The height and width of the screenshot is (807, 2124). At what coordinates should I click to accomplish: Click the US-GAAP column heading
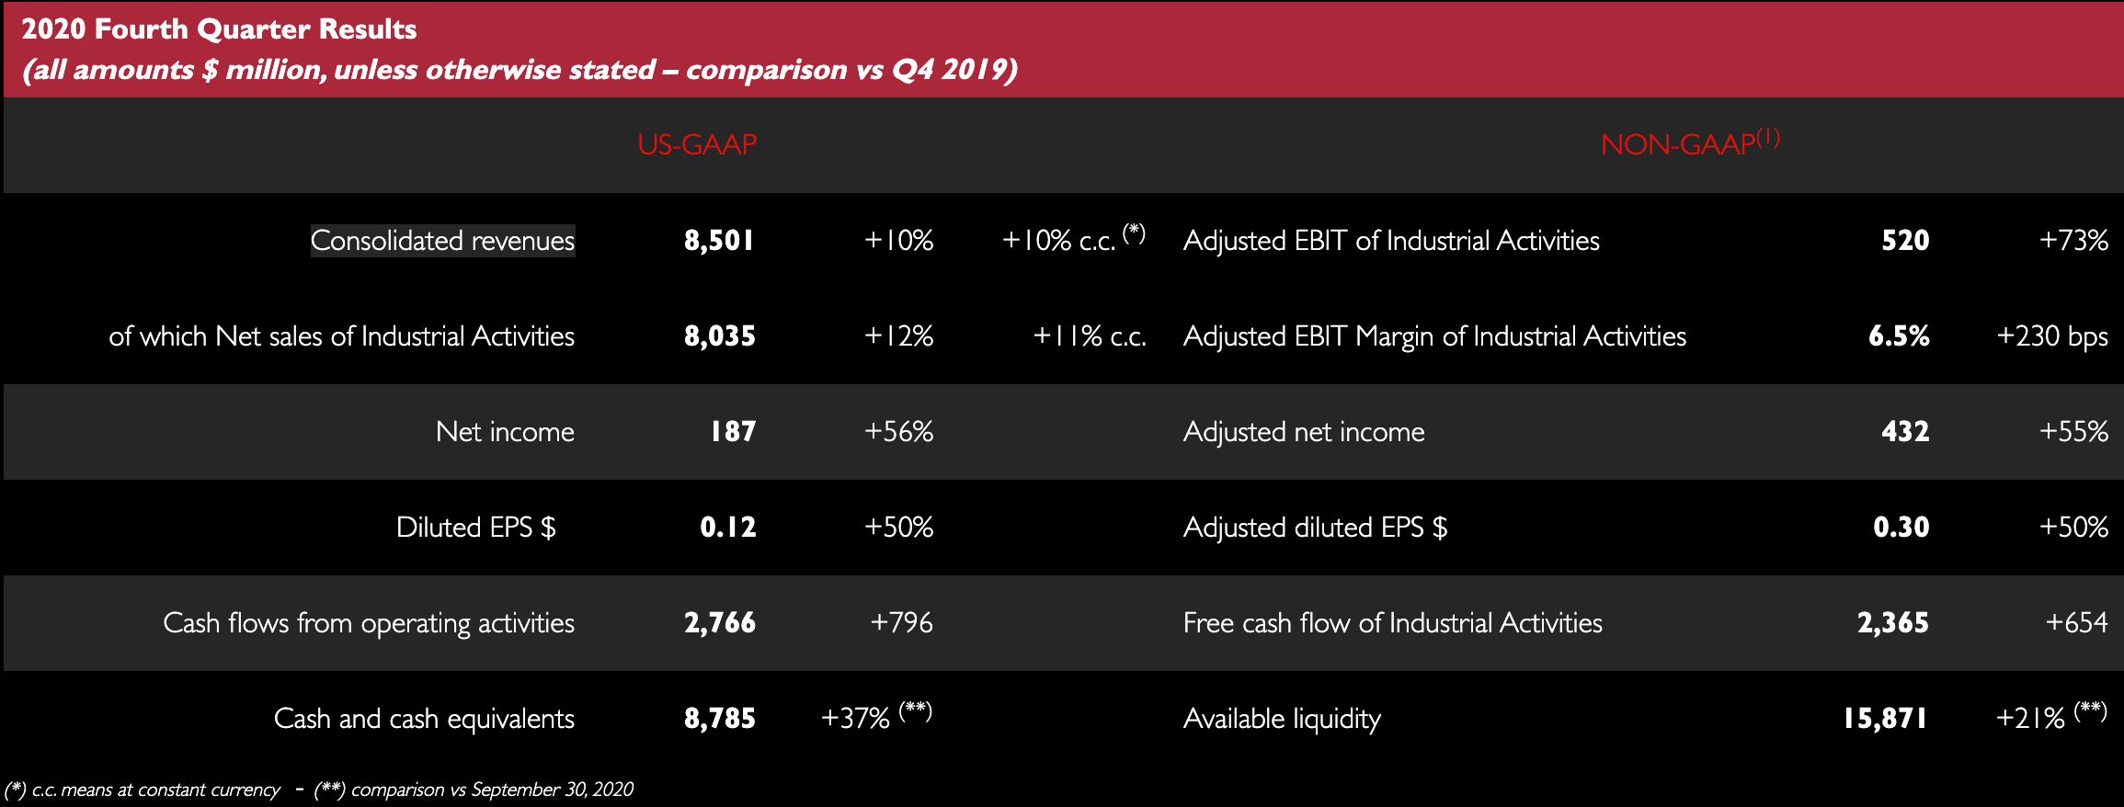(697, 144)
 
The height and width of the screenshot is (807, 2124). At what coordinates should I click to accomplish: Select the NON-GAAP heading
(1678, 144)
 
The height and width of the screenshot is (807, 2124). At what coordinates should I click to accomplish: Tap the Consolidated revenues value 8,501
(719, 241)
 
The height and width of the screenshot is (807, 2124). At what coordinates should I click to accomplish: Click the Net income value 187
(733, 432)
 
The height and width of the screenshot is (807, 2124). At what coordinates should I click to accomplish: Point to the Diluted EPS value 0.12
(727, 528)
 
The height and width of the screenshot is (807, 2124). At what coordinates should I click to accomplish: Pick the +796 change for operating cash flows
(901, 623)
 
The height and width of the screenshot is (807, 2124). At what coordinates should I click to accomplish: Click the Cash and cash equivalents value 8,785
(719, 719)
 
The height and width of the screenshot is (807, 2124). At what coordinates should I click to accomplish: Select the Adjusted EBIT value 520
(1905, 241)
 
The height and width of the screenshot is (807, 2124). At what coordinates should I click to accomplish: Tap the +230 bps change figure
(2052, 336)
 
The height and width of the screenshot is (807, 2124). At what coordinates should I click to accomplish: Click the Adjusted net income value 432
(1905, 432)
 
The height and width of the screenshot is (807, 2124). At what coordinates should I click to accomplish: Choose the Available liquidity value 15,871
(1885, 719)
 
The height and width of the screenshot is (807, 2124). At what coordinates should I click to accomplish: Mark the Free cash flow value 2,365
(1892, 623)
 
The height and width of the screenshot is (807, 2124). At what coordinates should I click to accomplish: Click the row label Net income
(505, 432)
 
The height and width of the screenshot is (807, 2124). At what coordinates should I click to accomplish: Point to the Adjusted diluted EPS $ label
(1315, 528)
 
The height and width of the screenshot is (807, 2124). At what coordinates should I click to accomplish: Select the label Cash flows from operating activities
(369, 623)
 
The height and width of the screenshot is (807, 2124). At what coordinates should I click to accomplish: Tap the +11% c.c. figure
(1090, 336)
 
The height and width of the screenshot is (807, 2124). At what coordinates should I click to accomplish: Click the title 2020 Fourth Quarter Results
(219, 29)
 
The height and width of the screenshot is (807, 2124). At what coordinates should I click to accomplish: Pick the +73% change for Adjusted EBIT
(2073, 241)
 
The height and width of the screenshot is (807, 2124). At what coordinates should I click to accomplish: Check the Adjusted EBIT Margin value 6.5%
(1899, 336)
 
